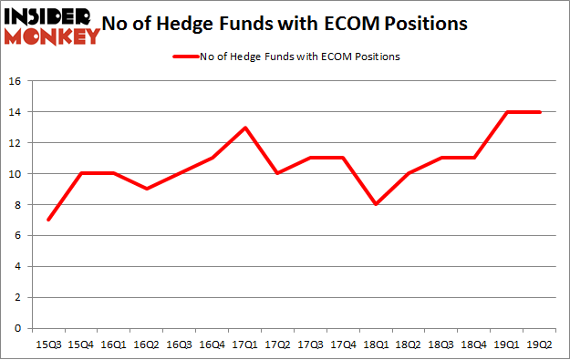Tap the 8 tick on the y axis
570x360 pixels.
pos(17,205)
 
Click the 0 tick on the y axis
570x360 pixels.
pos(17,328)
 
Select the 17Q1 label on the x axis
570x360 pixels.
pos(244,345)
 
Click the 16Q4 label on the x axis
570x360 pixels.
pos(212,345)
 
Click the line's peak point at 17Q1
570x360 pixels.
pos(244,128)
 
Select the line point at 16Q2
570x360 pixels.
pos(146,189)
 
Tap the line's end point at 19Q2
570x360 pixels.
pos(540,112)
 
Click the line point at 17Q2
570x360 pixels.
pos(277,173)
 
